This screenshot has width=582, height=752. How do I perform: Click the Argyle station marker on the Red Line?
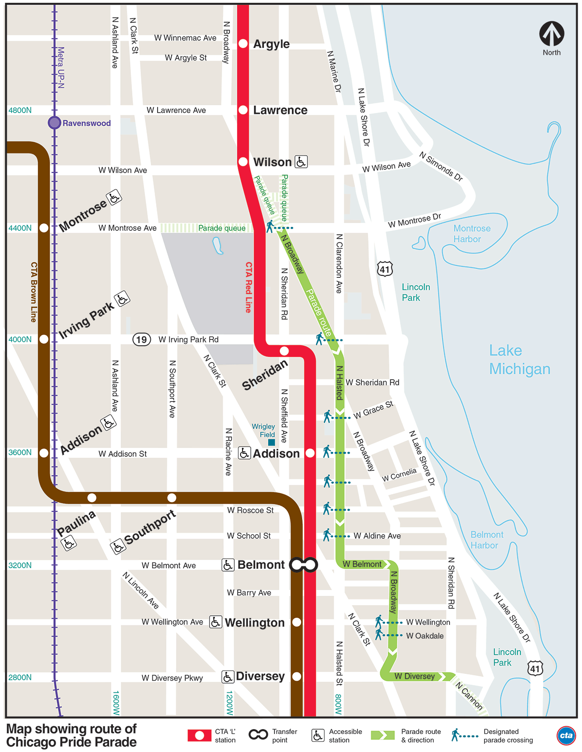(x=243, y=44)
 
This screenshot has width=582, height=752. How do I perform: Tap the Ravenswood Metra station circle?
(x=54, y=123)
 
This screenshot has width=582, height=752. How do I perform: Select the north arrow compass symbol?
(x=551, y=34)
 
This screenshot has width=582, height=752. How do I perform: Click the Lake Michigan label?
(x=519, y=360)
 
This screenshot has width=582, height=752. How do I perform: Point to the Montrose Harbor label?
(x=471, y=234)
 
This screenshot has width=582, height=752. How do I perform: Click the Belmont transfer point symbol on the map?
(x=304, y=565)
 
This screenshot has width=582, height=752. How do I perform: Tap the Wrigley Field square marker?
(x=272, y=442)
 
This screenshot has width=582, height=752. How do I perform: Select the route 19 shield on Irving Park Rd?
(x=142, y=339)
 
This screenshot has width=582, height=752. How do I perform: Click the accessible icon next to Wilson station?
(x=301, y=161)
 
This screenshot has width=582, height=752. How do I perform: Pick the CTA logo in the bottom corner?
(x=566, y=736)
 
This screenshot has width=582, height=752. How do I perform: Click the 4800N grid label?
(x=20, y=110)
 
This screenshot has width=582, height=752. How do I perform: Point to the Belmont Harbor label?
(x=486, y=540)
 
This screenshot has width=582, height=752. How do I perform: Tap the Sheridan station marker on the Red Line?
(x=284, y=351)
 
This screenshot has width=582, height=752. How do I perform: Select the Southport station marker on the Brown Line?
(x=172, y=498)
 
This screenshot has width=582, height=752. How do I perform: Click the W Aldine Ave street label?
(x=377, y=536)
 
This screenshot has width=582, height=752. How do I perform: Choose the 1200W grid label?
(x=229, y=703)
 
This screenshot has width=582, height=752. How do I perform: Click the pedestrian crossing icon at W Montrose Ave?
(x=270, y=226)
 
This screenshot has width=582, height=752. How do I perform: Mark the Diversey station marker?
(x=297, y=676)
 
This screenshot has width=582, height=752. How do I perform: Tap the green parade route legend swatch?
(x=383, y=736)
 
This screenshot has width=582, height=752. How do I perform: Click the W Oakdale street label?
(x=425, y=636)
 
